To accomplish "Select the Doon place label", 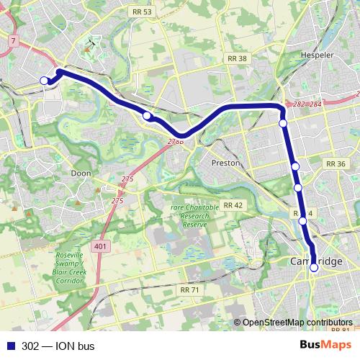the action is tap(81, 174).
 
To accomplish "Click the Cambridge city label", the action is tap(317, 261).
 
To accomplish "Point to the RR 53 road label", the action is tap(141, 12).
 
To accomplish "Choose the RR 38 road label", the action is tap(236, 59).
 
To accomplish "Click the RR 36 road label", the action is tap(336, 164).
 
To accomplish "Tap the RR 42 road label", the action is tap(233, 205).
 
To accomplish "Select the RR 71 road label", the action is tap(189, 289).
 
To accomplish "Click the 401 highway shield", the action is tap(100, 247).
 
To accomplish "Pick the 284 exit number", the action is tap(315, 105).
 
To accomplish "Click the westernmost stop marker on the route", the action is tap(45, 80).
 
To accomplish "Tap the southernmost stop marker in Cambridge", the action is tap(314, 268).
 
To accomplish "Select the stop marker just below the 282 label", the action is tap(284, 123).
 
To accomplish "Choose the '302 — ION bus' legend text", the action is tap(58, 346).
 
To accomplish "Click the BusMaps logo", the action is tap(325, 346).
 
